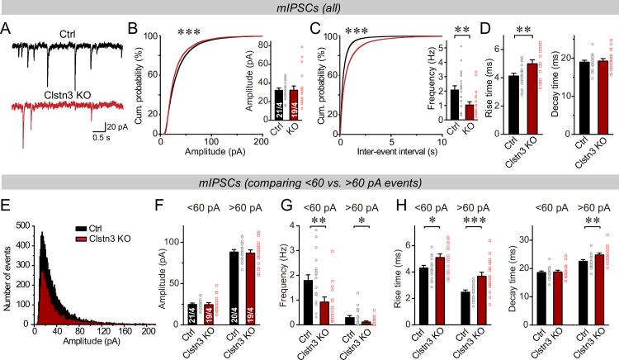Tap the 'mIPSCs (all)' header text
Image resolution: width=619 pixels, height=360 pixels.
coord(309,7)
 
